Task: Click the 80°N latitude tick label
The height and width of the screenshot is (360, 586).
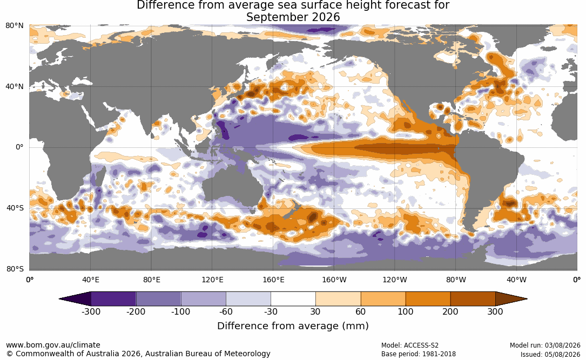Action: click(14, 26)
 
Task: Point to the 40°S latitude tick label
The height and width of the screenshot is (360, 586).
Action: click(15, 208)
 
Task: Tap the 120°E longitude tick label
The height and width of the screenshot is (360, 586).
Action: click(212, 280)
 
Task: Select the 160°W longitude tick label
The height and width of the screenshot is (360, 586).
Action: click(334, 280)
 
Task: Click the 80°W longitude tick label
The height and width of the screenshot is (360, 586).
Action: click(456, 280)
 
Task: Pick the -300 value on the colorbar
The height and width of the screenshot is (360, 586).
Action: click(91, 312)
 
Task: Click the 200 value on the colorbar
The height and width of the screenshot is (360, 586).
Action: click(450, 312)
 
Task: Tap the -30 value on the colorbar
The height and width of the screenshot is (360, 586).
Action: click(271, 312)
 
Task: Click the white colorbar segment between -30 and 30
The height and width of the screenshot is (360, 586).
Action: click(293, 299)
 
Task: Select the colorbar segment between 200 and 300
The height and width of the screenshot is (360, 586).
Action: click(473, 299)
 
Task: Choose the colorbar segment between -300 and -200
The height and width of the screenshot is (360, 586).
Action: click(113, 299)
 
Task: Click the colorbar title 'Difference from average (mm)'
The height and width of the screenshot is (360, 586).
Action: click(293, 326)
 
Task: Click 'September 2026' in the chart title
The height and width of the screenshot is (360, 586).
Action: click(293, 17)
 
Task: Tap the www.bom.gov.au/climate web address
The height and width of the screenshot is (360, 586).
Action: click(53, 345)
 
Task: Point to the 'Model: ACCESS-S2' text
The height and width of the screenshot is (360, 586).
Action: click(410, 345)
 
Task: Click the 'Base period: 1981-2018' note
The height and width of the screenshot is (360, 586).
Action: click(419, 354)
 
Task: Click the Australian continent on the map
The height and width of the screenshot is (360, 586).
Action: click(230, 188)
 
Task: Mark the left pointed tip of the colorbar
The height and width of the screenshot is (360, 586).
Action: click(59, 299)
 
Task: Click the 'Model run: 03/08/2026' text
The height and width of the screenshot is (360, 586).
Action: click(545, 345)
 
